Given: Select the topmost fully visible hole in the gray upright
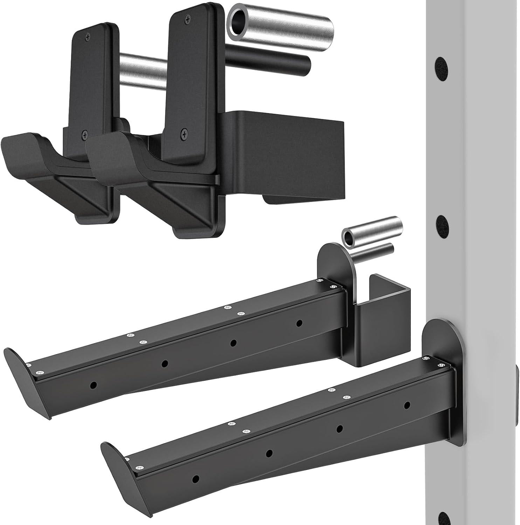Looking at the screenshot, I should (442, 65).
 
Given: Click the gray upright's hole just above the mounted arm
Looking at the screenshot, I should (442, 222).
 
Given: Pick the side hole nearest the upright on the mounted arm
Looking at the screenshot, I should (407, 405).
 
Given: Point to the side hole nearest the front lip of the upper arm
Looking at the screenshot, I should (93, 385).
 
